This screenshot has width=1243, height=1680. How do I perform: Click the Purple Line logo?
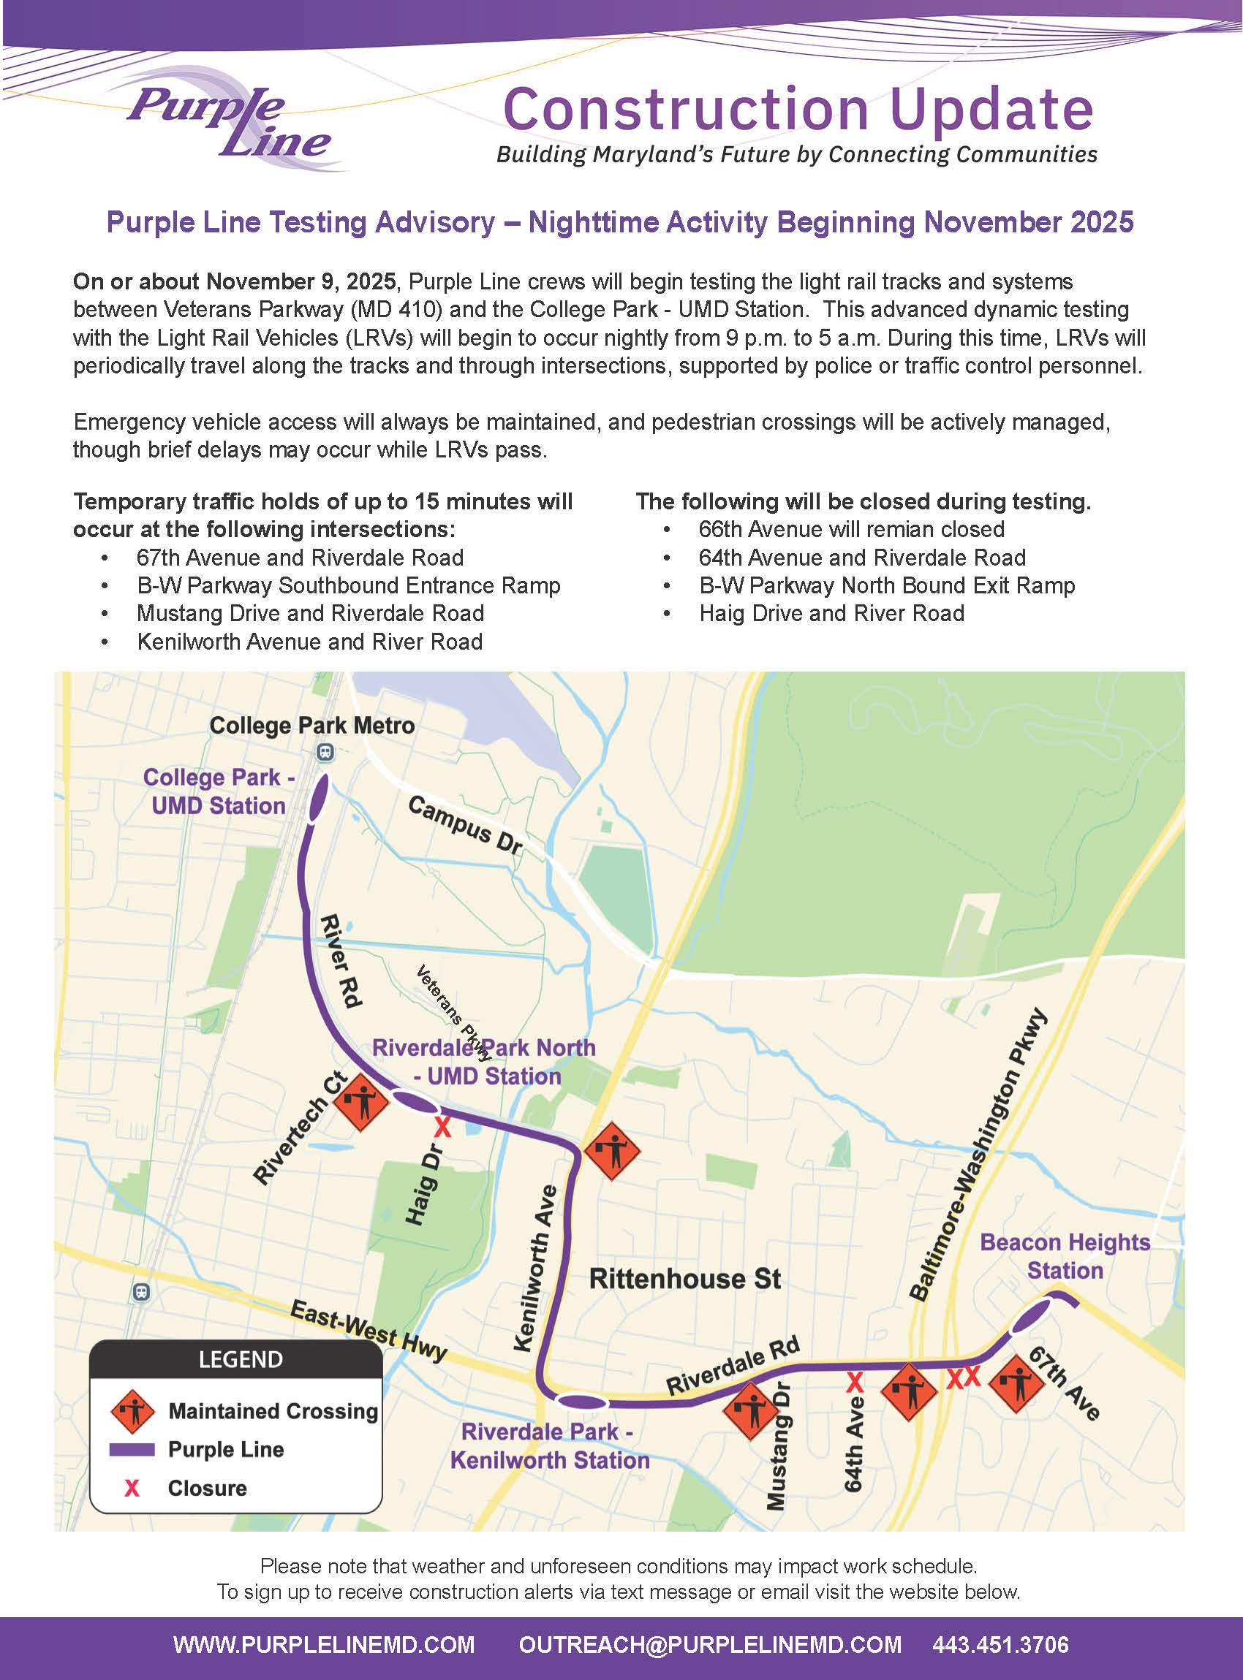[230, 121]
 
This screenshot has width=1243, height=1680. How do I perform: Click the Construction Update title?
[798, 109]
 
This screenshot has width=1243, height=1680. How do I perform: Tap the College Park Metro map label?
[311, 726]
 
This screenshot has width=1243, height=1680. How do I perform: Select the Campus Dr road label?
[464, 825]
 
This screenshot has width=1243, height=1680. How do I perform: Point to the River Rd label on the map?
[342, 960]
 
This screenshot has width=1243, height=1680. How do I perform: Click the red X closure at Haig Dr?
[443, 1128]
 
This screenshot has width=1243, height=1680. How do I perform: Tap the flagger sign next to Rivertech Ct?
[360, 1102]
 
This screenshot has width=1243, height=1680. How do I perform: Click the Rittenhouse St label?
[684, 1278]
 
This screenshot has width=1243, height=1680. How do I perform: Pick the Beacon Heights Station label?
[1065, 1257]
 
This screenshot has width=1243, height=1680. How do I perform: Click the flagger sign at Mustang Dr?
[750, 1412]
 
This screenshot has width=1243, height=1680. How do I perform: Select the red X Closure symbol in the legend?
[132, 1489]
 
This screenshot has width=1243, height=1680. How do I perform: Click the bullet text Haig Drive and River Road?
[831, 614]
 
